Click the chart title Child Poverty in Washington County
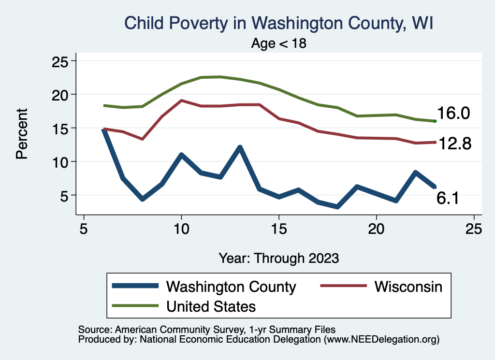pyautogui.click(x=278, y=23)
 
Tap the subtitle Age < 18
pyautogui.click(x=279, y=43)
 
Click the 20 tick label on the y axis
pyautogui.click(x=60, y=95)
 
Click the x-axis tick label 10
pyautogui.click(x=181, y=229)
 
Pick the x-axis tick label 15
pyautogui.click(x=279, y=229)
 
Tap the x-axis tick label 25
pyautogui.click(x=474, y=229)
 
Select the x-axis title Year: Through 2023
pyautogui.click(x=279, y=258)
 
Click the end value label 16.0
pyautogui.click(x=453, y=113)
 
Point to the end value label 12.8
pyautogui.click(x=454, y=144)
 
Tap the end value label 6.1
pyautogui.click(x=448, y=198)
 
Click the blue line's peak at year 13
pyautogui.click(x=240, y=147)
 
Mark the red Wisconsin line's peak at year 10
pyautogui.click(x=181, y=101)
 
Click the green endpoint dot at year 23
pyautogui.click(x=435, y=121)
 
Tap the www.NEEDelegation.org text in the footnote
pyautogui.click(x=382, y=339)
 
